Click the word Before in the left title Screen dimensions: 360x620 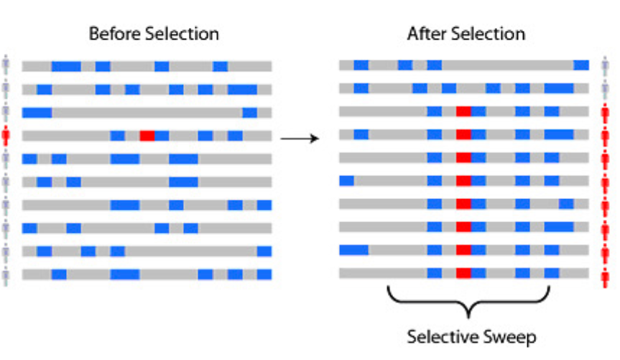[x=111, y=34]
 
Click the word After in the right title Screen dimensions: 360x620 [x=424, y=34]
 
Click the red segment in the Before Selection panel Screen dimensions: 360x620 [x=147, y=136]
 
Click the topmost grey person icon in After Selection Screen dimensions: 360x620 [x=604, y=65]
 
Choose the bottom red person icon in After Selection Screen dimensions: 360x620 [x=604, y=273]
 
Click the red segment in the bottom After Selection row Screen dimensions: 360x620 [x=463, y=273]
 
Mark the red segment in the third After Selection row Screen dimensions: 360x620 [x=463, y=111]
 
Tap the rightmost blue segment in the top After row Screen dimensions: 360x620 [x=581, y=65]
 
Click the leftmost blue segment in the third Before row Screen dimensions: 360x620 [x=37, y=113]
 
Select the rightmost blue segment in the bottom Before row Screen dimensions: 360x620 [x=264, y=274]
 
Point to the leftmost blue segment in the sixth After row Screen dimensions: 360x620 [x=346, y=180]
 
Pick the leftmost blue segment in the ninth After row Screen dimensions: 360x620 [x=353, y=250]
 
